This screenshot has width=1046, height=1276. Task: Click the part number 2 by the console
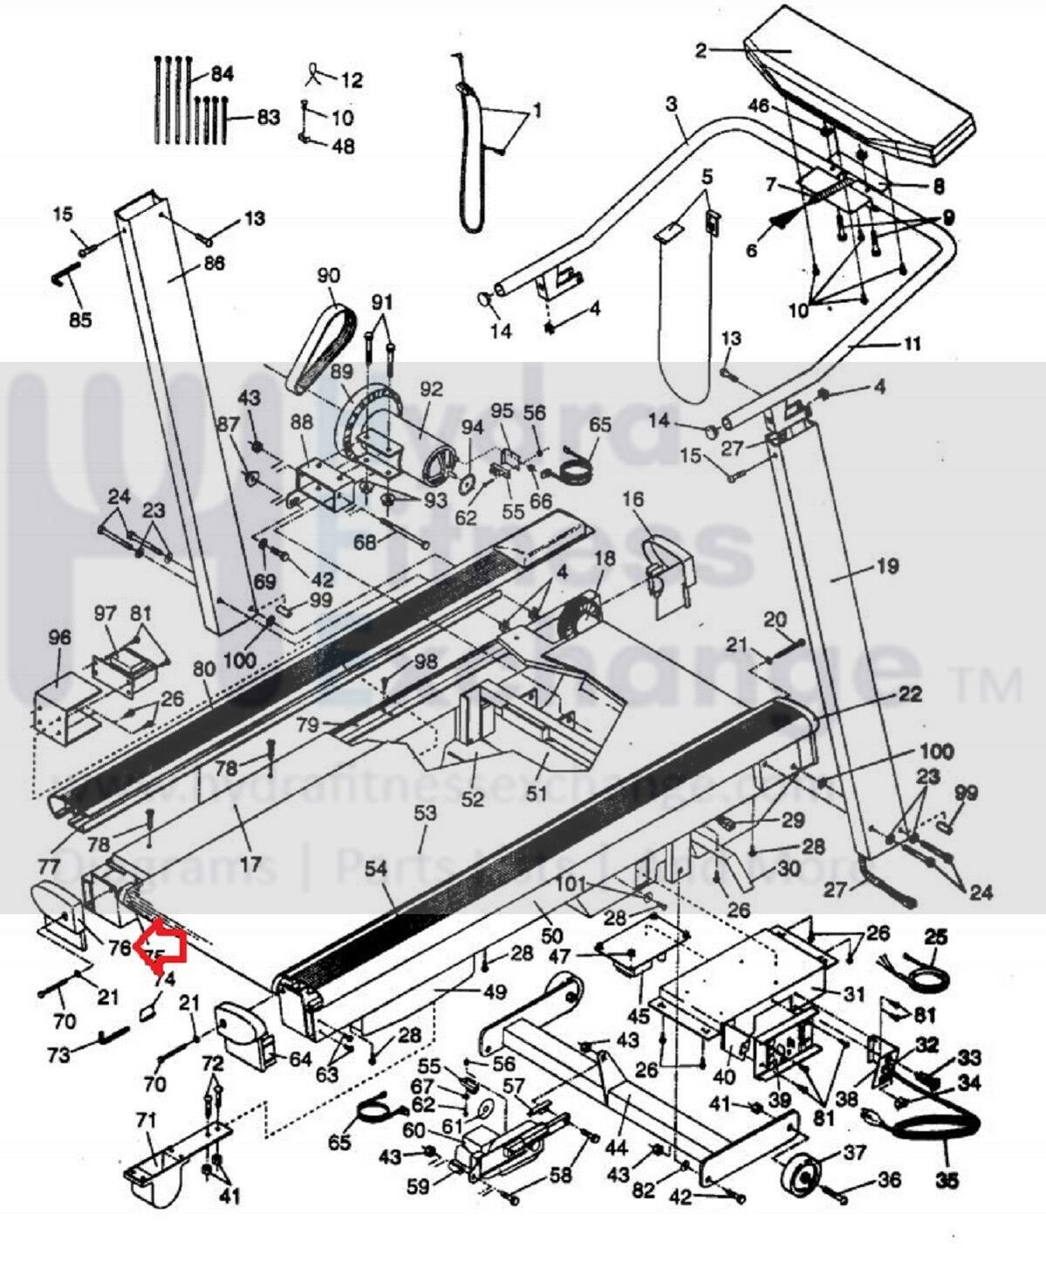click(701, 50)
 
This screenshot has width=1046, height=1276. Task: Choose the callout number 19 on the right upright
click(886, 566)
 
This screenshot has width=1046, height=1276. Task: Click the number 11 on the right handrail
click(910, 344)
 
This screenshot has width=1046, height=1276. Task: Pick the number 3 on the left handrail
click(671, 105)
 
